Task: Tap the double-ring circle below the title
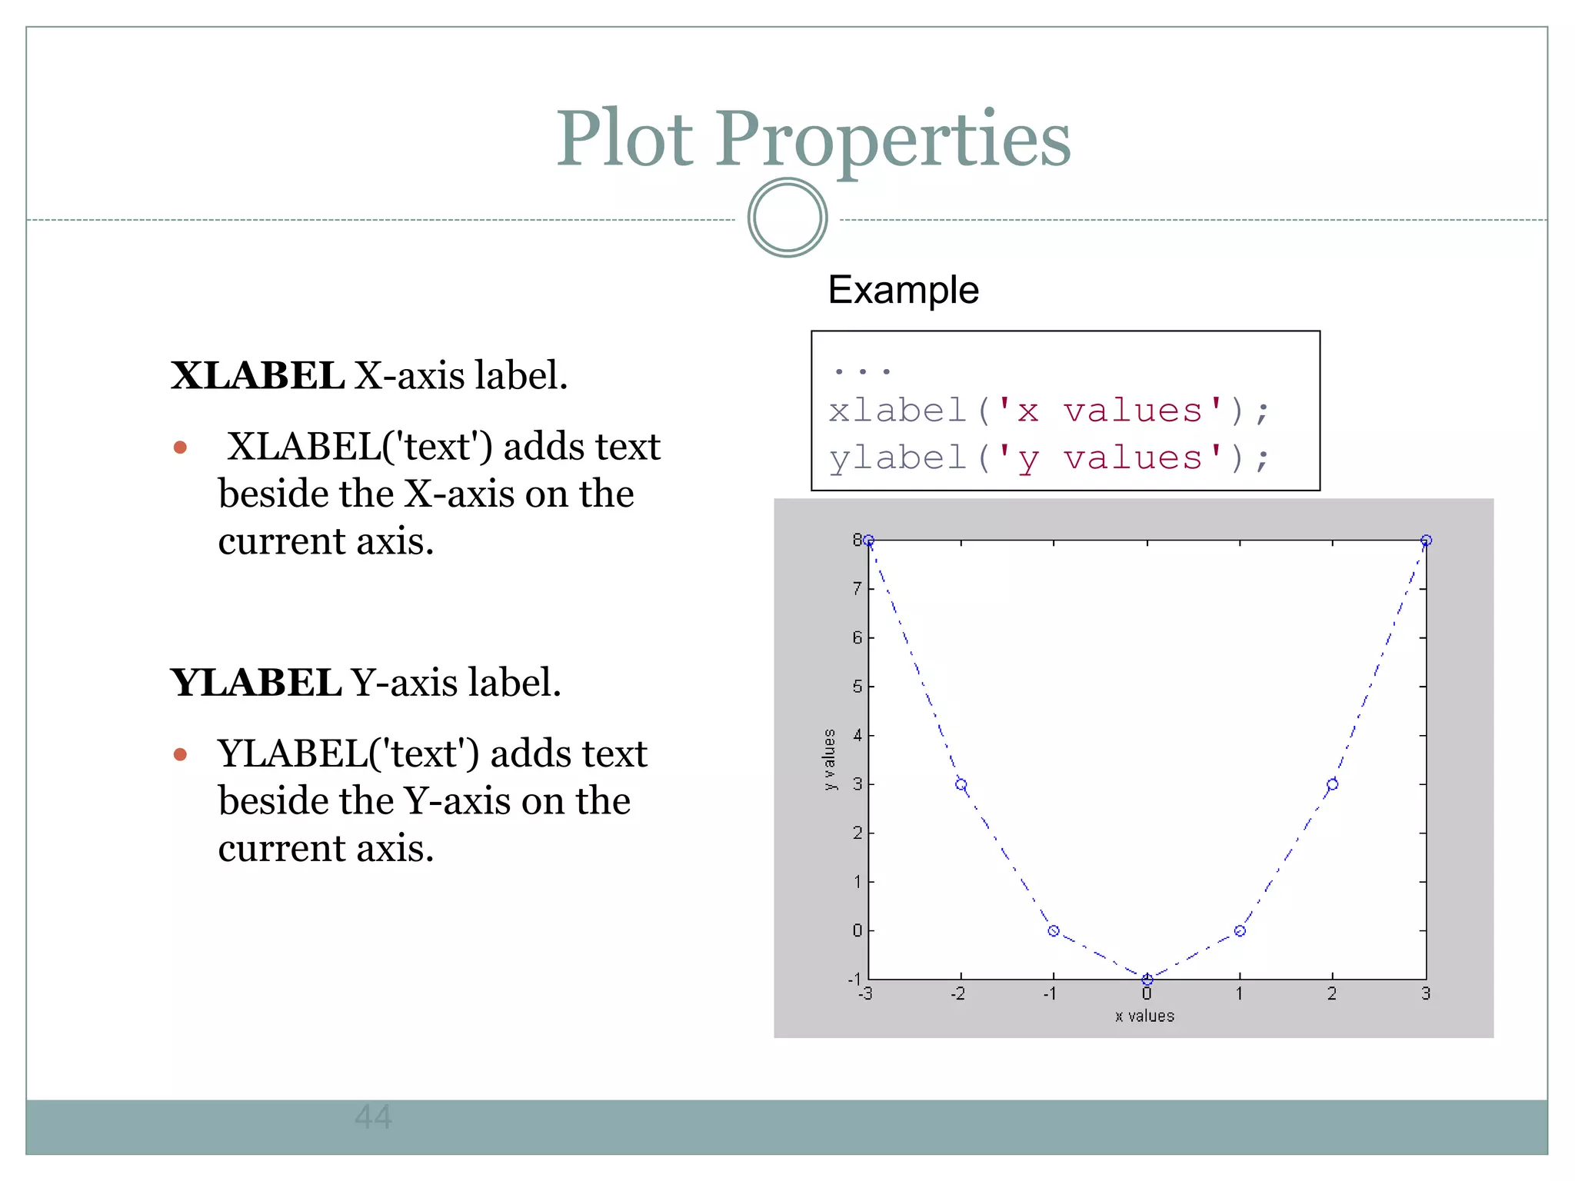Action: pyautogui.click(x=787, y=218)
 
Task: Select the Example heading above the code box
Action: pyautogui.click(x=903, y=290)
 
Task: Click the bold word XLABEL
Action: pyautogui.click(x=257, y=376)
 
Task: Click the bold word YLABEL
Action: pyautogui.click(x=255, y=683)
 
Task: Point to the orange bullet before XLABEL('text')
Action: pyautogui.click(x=181, y=447)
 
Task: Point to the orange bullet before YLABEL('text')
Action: pyautogui.click(x=181, y=754)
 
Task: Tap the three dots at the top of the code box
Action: pyautogui.click(x=861, y=371)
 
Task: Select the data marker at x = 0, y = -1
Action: pyautogui.click(x=1147, y=980)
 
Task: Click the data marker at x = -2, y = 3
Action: pyautogui.click(x=961, y=784)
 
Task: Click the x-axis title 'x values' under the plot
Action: pyautogui.click(x=1144, y=1016)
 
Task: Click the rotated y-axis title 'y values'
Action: pyautogui.click(x=829, y=759)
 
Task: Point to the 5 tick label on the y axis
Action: pyautogui.click(x=857, y=687)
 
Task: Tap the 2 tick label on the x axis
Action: pyautogui.click(x=1332, y=994)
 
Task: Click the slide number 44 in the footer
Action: pyautogui.click(x=374, y=1116)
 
